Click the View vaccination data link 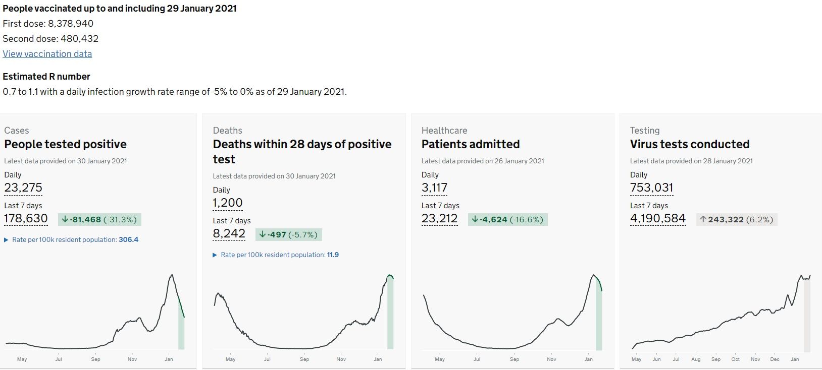point(47,54)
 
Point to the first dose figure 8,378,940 point(71,24)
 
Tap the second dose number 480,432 point(79,39)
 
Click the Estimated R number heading point(46,77)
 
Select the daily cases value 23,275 point(23,188)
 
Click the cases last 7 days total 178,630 point(26,219)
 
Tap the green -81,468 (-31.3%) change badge point(99,219)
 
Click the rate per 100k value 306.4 point(128,240)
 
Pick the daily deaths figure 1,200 point(228,203)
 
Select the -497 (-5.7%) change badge point(289,234)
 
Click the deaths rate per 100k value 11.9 point(333,255)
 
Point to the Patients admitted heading point(470,144)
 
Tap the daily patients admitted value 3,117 point(434,188)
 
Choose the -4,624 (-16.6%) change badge point(507,219)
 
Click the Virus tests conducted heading point(689,144)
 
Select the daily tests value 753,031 point(651,188)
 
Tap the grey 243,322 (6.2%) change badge point(736,219)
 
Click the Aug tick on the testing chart point(696,359)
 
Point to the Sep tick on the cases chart point(95,359)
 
